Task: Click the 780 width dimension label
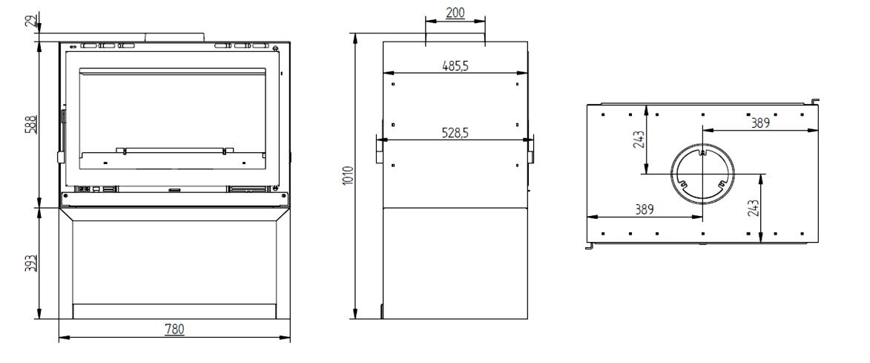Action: [174, 329]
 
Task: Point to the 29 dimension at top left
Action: [32, 21]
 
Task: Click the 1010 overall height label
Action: [348, 175]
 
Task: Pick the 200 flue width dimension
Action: [455, 13]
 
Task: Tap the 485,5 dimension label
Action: [455, 65]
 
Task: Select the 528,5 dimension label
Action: [455, 133]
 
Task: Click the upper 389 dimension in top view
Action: [761, 123]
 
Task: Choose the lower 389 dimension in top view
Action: [645, 209]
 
